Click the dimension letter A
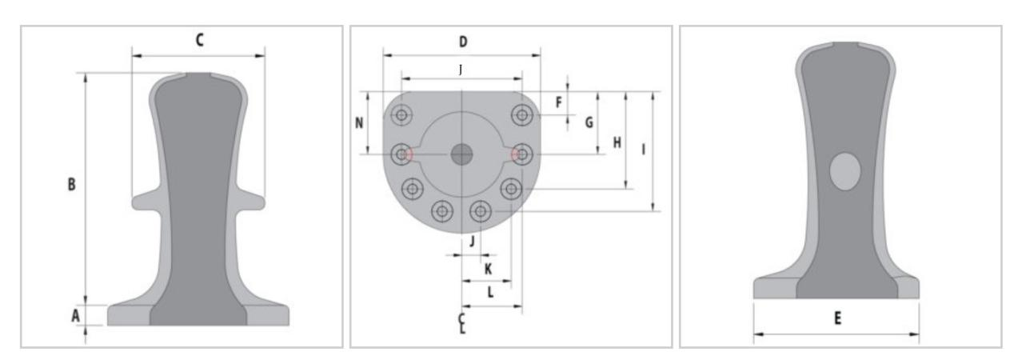coord(76,316)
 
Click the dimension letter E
coord(836,318)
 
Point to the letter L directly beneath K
coord(490,293)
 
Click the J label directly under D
coord(461,70)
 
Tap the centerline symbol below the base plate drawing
coord(462,323)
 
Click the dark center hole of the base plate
coord(461,154)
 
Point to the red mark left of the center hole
coord(409,154)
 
